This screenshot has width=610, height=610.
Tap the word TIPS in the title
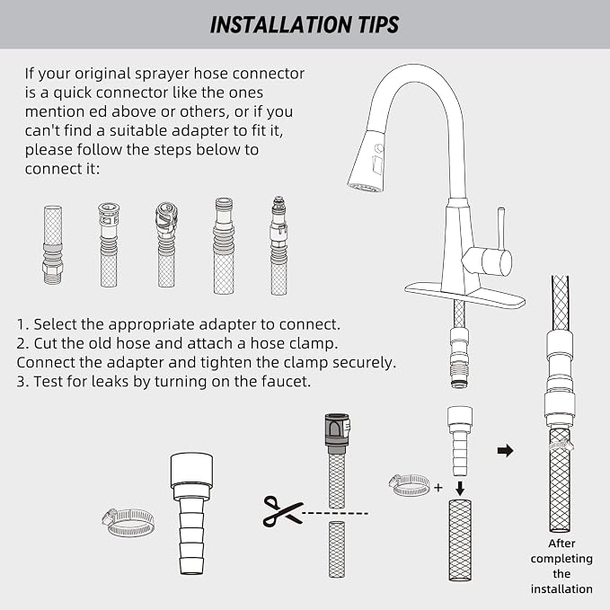(x=378, y=25)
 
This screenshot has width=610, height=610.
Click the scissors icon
(x=282, y=511)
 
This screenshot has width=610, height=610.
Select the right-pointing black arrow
(x=506, y=451)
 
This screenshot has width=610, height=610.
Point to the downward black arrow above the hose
(x=460, y=489)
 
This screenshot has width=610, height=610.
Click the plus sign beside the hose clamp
(x=438, y=487)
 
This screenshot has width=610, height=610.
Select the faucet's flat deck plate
(x=464, y=295)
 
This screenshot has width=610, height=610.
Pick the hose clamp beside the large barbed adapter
(x=128, y=522)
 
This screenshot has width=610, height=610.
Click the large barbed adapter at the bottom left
(x=191, y=514)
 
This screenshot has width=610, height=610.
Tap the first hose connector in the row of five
(x=52, y=244)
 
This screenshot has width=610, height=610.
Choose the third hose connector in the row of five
(x=166, y=244)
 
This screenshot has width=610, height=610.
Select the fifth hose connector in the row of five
(x=278, y=246)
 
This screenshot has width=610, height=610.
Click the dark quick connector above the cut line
(x=337, y=433)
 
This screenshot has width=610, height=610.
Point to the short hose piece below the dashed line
(x=337, y=550)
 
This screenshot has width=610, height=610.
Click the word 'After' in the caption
(x=561, y=544)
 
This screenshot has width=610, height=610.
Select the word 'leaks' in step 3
(x=110, y=381)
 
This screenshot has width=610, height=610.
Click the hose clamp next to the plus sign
(x=410, y=485)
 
